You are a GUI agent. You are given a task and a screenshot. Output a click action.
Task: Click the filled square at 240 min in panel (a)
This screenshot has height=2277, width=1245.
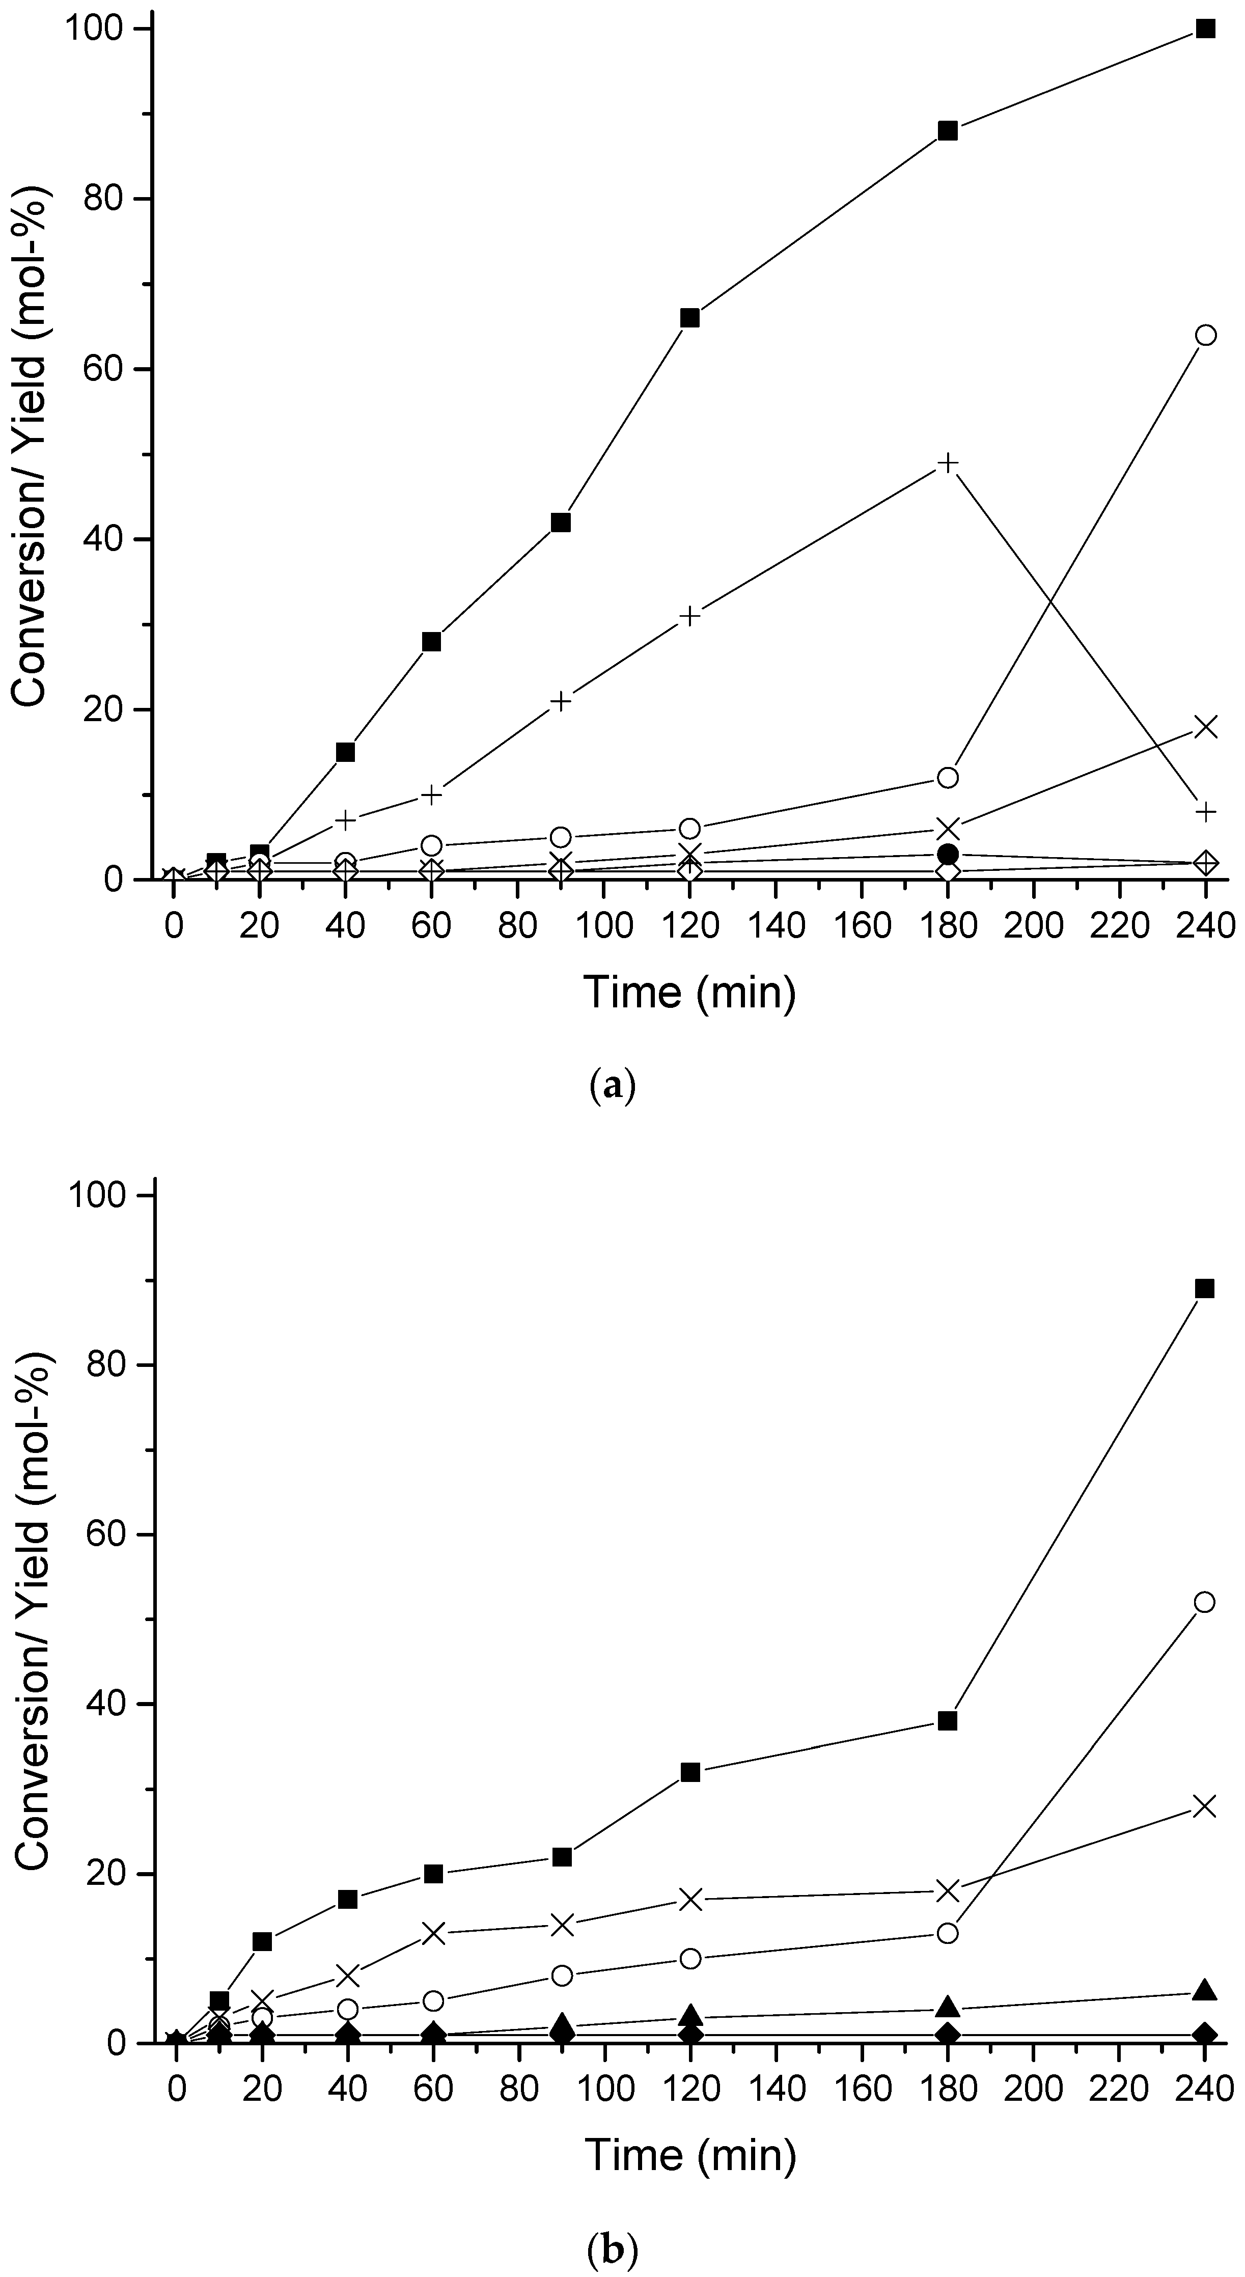pos(1205,29)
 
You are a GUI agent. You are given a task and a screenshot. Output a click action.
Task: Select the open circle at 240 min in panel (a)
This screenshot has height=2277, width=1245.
pos(1205,335)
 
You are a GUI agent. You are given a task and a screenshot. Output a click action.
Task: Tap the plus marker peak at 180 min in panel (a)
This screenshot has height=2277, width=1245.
pos(947,463)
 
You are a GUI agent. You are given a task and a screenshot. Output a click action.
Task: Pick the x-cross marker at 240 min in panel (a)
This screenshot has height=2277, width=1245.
pos(1205,727)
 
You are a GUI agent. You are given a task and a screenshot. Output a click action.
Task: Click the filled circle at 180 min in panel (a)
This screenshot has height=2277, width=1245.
pos(947,854)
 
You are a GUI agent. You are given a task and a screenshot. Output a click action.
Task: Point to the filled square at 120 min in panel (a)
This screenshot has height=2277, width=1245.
pos(690,318)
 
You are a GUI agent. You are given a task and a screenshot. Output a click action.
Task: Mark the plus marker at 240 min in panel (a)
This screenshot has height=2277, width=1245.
pos(1205,811)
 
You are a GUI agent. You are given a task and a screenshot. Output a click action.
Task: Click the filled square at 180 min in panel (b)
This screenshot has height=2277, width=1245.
pos(947,1721)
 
